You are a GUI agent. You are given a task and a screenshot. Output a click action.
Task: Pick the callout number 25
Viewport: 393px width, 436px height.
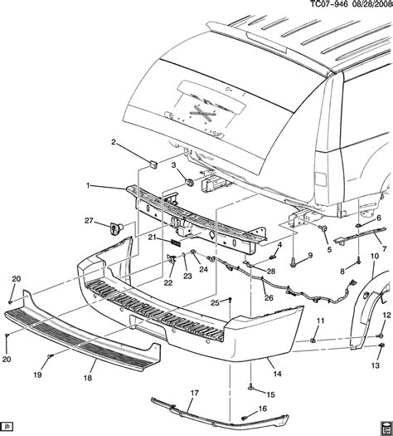coord(214,303)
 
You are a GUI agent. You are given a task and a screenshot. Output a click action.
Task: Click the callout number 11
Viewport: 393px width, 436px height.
coord(322,321)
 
